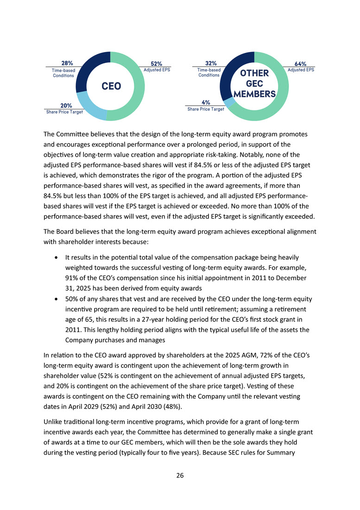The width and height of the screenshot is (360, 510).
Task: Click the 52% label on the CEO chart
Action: click(156, 64)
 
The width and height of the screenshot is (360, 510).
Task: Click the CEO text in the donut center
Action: click(111, 86)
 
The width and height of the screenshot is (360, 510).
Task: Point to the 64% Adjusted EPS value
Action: click(300, 64)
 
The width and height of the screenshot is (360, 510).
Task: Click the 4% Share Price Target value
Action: click(206, 102)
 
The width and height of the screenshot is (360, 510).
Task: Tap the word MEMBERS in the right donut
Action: click(255, 94)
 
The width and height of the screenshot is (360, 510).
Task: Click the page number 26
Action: click(180, 475)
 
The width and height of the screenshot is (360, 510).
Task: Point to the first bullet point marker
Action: click(56, 257)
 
